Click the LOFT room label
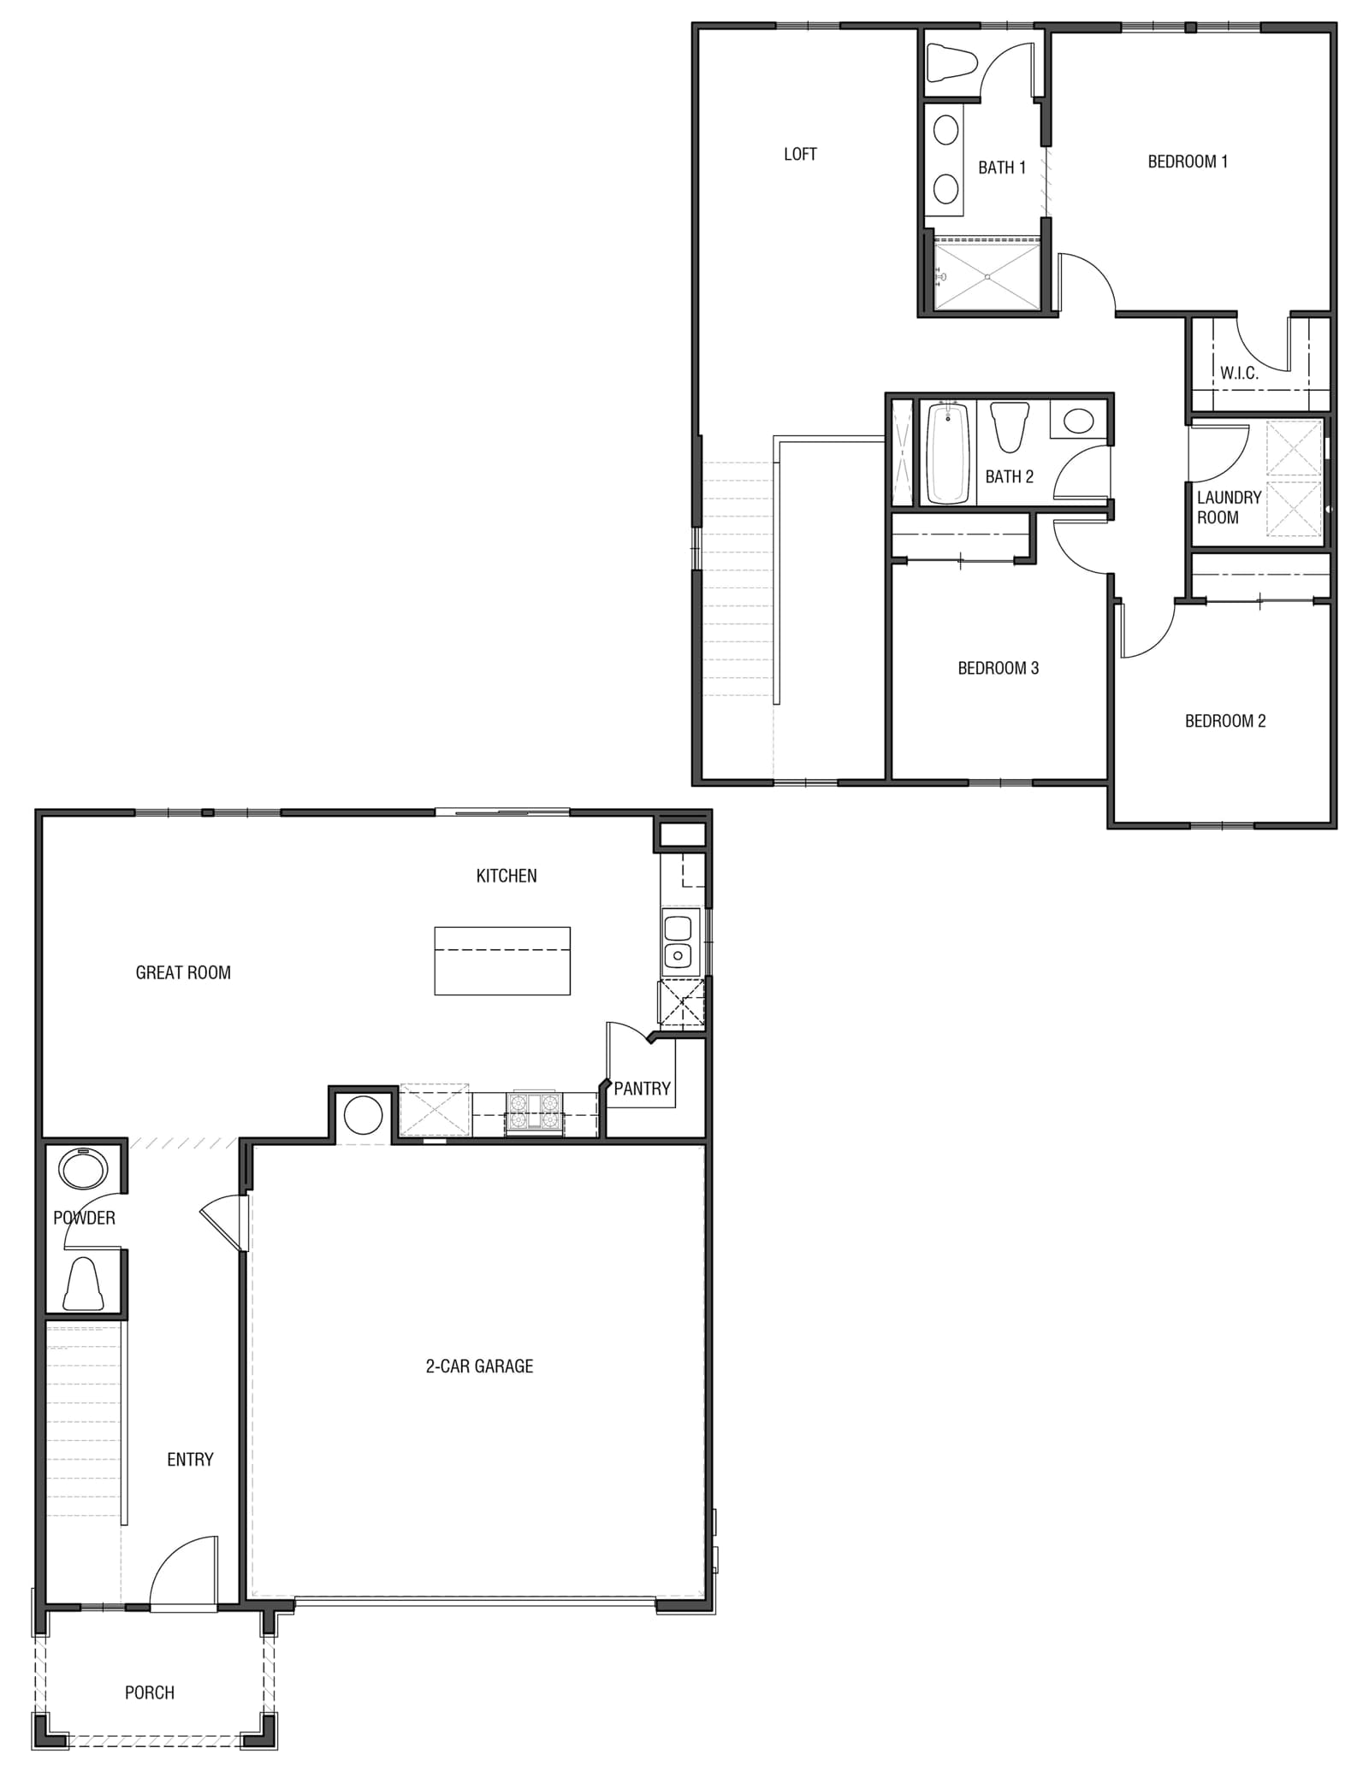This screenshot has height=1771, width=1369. click(x=800, y=154)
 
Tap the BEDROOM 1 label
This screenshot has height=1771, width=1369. click(x=1188, y=161)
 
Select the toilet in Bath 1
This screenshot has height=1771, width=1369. click(x=951, y=62)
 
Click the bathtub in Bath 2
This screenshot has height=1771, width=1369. click(x=948, y=452)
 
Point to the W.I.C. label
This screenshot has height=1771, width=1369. click(x=1239, y=373)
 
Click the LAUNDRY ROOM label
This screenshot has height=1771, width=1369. click(x=1229, y=507)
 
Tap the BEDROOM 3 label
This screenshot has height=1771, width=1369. click(x=998, y=668)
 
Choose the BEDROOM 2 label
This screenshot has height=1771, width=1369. click(x=1225, y=721)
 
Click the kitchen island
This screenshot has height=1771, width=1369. click(x=502, y=960)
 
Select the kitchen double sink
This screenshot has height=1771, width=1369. click(x=678, y=942)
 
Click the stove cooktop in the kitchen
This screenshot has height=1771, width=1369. click(x=534, y=1113)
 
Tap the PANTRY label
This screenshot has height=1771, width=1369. click(x=642, y=1089)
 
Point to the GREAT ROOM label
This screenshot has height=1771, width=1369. click(x=183, y=972)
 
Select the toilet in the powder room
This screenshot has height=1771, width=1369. click(x=84, y=1283)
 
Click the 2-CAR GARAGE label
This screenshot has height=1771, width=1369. click(x=479, y=1367)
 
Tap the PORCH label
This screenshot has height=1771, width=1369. click(x=150, y=1692)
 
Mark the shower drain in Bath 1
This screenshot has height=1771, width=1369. click(x=987, y=276)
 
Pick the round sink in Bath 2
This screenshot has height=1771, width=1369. click(x=1078, y=421)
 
